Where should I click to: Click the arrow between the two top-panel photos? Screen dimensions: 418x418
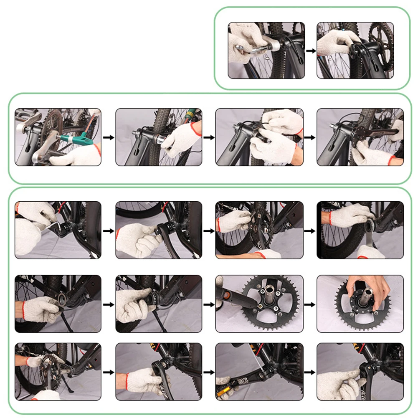pos(311,51)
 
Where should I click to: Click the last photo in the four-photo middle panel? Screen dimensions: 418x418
pos(360,137)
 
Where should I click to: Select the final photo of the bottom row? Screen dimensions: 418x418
pos(360,372)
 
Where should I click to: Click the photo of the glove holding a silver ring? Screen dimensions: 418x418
pos(58,304)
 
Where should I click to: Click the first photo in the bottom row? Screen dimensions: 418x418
pos(58,372)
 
